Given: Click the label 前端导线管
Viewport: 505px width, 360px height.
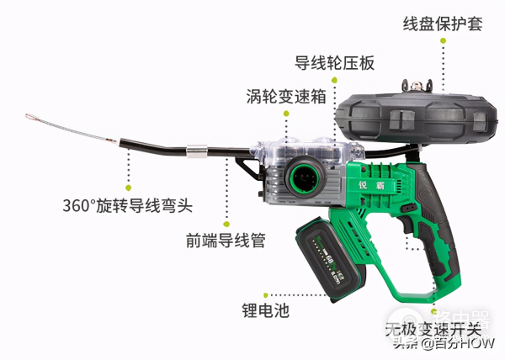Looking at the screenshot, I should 226,241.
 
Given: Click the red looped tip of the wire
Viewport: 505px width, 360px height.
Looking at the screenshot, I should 31,117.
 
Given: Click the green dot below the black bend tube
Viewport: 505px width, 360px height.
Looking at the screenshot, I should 129,179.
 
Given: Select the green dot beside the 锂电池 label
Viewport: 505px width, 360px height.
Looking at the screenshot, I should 266,295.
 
